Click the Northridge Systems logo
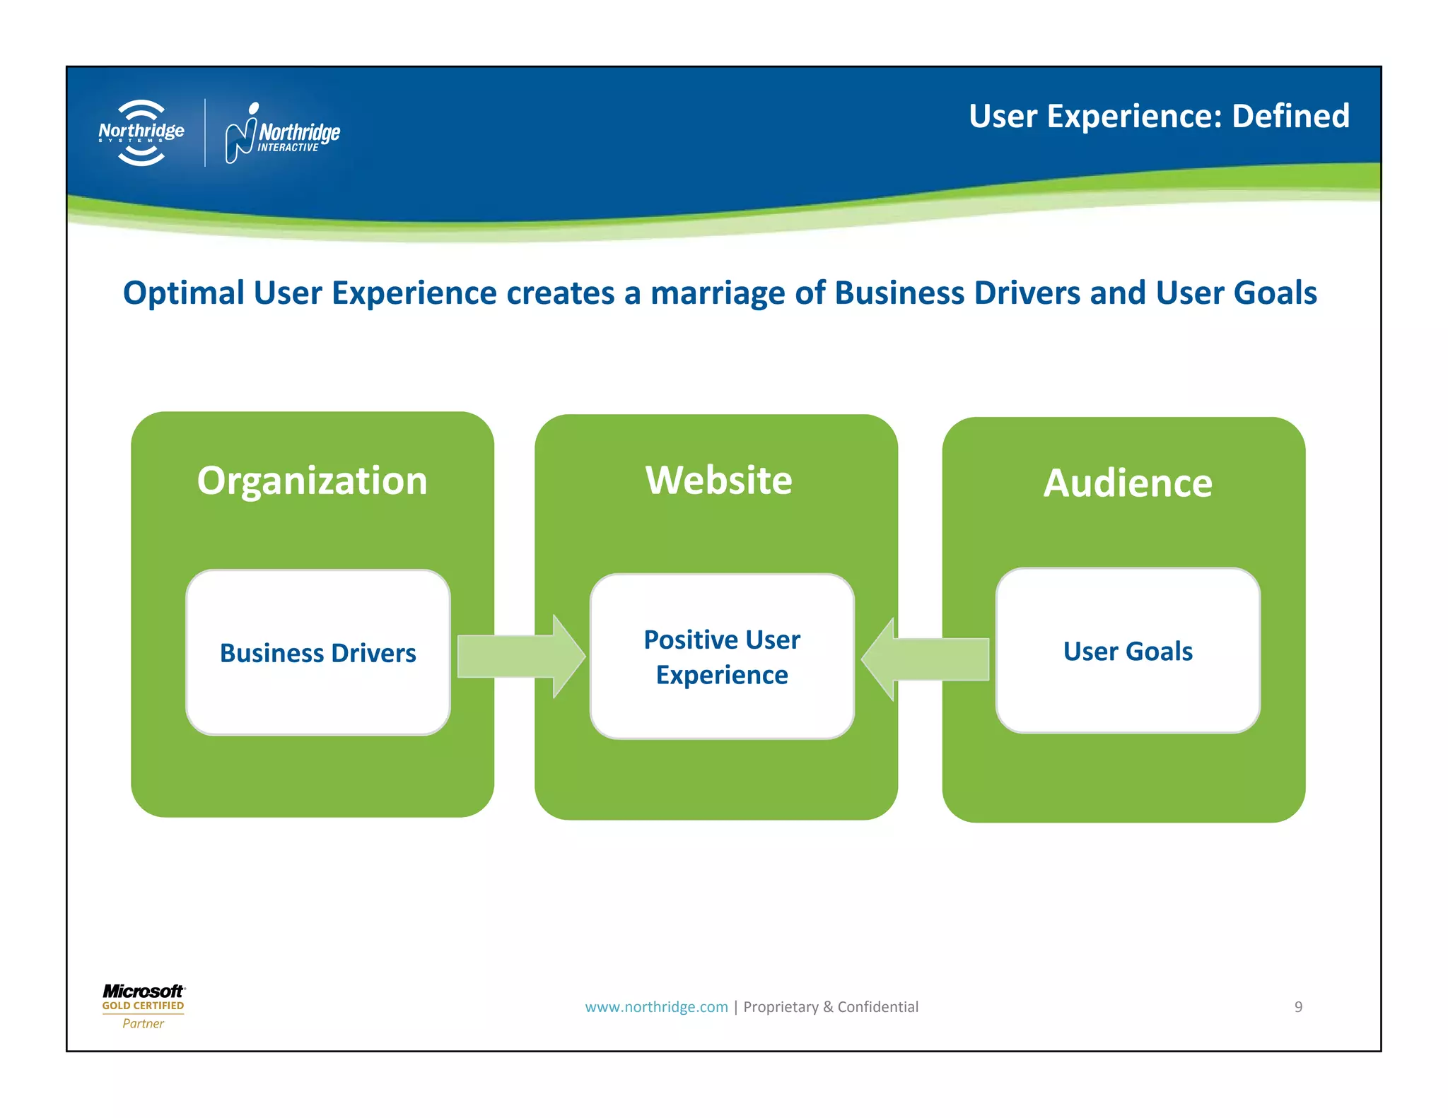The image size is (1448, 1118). coord(141,133)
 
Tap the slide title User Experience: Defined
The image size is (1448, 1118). coord(1159,117)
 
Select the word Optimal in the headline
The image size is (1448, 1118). coord(183,293)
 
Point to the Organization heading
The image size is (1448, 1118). coord(312,481)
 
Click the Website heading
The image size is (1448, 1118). coord(718,481)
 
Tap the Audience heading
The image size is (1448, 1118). coord(1128,483)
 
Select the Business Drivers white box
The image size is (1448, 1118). coord(318,652)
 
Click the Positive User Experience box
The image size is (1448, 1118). coord(722,657)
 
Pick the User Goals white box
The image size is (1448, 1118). coord(1128,651)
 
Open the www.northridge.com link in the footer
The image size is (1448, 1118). coord(656,1007)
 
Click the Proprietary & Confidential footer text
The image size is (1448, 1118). coord(831,1007)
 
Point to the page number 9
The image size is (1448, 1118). coord(1298,1007)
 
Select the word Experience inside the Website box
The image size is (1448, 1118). coord(722,675)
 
